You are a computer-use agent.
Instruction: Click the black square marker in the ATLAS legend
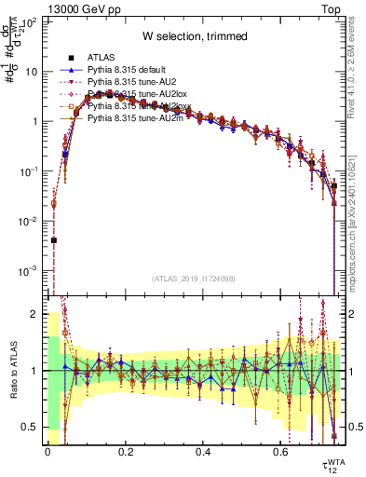71,59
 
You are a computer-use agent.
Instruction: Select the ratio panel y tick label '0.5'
27,427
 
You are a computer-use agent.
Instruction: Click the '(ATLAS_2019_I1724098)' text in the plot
194,279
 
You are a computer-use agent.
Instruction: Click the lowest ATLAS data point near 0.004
54,240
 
